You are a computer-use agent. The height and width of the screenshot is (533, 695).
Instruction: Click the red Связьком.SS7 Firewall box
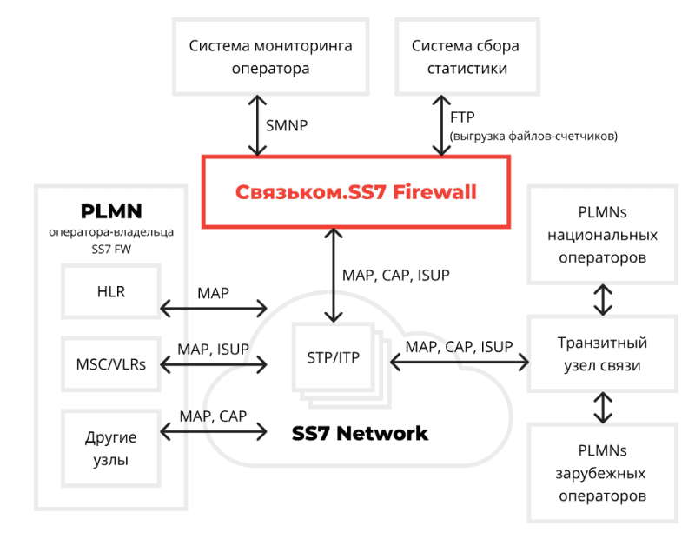[x=356, y=191]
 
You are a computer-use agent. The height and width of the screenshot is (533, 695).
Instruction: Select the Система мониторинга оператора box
[x=270, y=56]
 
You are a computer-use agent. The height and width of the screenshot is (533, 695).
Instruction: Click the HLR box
[x=111, y=291]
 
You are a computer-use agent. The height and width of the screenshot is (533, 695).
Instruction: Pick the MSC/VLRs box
[x=111, y=363]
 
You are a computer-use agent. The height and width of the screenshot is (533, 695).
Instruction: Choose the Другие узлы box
[x=111, y=449]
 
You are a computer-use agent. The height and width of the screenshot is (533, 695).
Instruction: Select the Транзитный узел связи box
[x=602, y=354]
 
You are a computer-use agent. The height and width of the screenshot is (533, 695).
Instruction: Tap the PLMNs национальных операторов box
[x=602, y=235]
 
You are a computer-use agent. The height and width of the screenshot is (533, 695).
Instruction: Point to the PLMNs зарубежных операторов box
[x=602, y=473]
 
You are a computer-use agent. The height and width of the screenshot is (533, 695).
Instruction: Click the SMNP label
[x=285, y=125]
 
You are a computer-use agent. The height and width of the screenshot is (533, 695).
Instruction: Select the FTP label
[x=462, y=117]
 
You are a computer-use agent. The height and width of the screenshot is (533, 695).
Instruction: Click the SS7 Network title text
[x=360, y=433]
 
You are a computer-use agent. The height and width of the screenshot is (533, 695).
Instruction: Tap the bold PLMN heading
[x=110, y=211]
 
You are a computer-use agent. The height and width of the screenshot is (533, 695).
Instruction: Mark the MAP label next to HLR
[x=214, y=293]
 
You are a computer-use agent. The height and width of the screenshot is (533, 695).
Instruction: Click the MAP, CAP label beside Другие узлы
[x=213, y=416]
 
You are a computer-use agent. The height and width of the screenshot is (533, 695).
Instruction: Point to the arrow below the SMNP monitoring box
[x=252, y=124]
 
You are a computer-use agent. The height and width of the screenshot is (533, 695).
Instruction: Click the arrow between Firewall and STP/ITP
[x=329, y=275]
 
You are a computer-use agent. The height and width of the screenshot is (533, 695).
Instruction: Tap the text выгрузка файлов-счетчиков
[x=533, y=136]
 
